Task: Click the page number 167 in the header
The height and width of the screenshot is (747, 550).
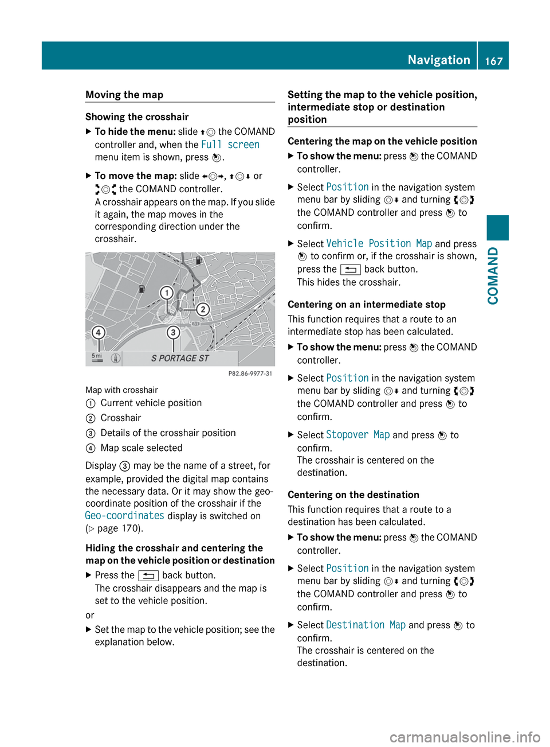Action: click(x=494, y=60)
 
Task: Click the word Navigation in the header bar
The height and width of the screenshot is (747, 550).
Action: click(x=438, y=60)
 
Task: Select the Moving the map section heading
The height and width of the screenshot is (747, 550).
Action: click(x=124, y=95)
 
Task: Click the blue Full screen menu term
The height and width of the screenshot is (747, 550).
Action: click(x=230, y=145)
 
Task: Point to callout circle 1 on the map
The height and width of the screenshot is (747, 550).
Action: click(x=166, y=293)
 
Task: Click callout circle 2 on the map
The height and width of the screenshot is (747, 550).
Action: click(x=202, y=310)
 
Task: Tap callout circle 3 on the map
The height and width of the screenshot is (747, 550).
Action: click(x=173, y=332)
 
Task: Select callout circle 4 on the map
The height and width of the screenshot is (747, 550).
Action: click(x=99, y=332)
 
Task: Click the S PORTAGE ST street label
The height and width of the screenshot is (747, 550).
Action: click(x=180, y=359)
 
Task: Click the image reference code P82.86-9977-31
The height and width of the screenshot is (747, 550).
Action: click(x=250, y=373)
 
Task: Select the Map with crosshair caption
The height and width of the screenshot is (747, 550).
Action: click(x=121, y=390)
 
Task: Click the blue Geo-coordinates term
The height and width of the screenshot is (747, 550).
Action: click(x=124, y=516)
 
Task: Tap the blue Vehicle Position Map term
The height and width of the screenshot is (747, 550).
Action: click(x=379, y=244)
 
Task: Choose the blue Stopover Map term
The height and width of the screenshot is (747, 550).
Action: click(x=357, y=435)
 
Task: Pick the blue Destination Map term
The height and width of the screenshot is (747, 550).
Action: click(x=366, y=625)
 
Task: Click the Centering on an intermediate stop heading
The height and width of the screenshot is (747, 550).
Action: click(x=366, y=305)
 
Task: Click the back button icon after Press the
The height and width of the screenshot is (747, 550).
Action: click(x=148, y=575)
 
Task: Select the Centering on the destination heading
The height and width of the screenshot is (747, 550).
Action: click(x=353, y=495)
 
